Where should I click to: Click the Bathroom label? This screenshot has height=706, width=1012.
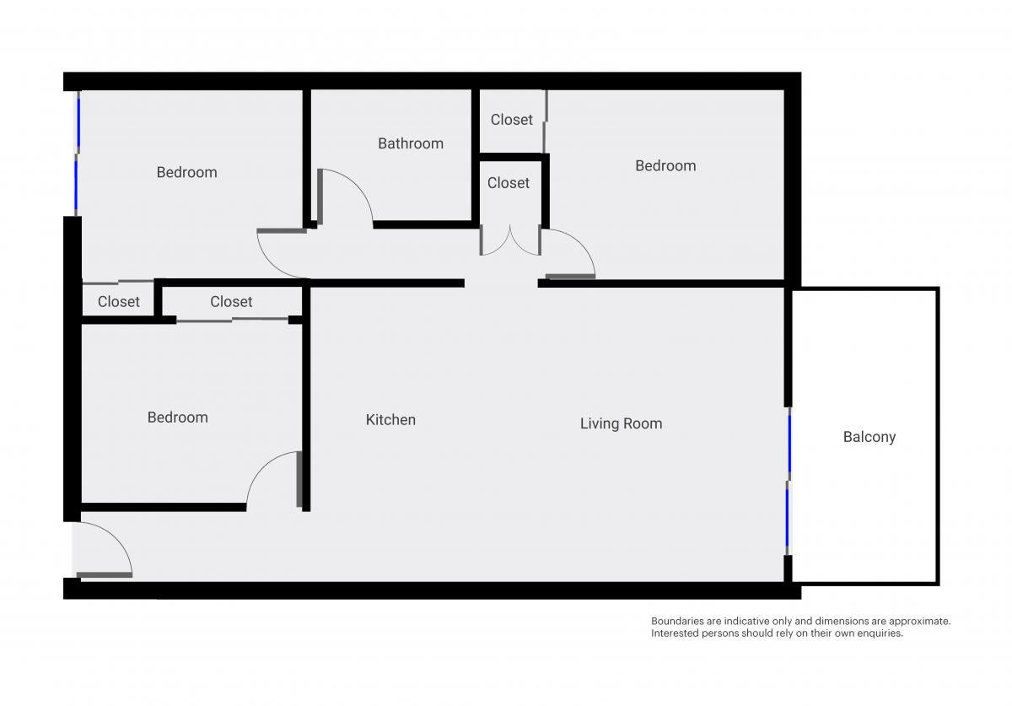pos(410,143)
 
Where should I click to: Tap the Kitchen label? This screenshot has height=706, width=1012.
pos(390,420)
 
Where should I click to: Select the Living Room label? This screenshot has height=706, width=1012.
pos(622,423)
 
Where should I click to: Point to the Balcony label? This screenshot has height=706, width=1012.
pos(869,437)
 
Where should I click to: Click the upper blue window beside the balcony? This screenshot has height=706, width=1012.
pos(789,444)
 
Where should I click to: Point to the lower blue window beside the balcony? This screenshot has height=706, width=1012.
pos(787,518)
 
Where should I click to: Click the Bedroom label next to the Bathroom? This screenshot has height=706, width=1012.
pos(186,172)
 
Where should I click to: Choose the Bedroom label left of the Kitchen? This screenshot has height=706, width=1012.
pos(178,418)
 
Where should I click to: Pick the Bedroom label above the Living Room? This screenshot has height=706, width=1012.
pos(665,166)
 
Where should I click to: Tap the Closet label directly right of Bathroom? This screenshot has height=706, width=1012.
pos(511,120)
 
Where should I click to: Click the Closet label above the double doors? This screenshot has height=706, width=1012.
pos(509,183)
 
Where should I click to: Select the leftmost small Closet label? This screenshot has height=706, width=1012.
pos(118,301)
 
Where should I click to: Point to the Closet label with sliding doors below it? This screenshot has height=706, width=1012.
pos(231,301)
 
